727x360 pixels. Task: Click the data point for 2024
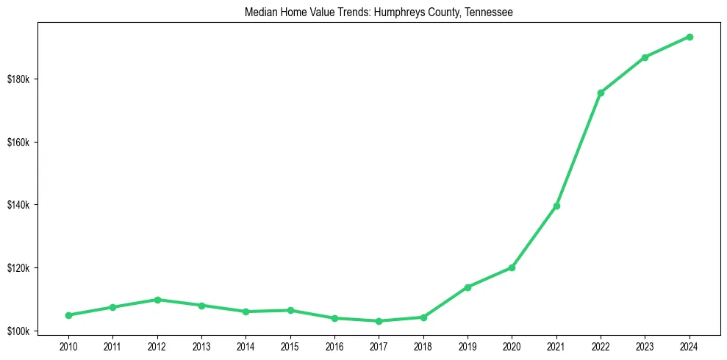690,37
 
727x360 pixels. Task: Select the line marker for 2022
601,93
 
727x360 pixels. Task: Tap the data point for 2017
379,321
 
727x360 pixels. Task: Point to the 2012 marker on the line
157,300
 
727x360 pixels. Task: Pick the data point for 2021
556,206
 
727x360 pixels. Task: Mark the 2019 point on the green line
468,287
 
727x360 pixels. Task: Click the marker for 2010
68,315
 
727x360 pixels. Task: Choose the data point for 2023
645,57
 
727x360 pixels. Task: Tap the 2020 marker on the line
512,267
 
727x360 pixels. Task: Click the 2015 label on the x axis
290,345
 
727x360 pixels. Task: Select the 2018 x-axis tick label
423,345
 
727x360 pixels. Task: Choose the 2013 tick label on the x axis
201,345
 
